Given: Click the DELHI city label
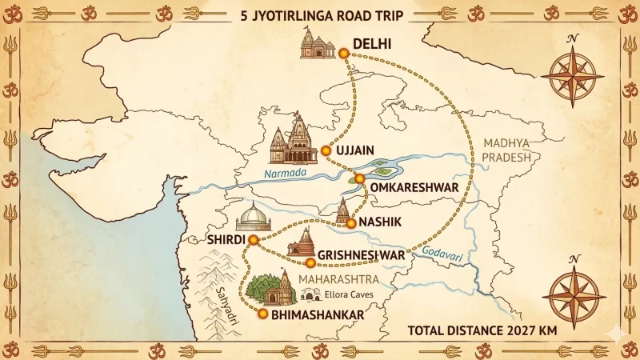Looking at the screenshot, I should [x=372, y=45].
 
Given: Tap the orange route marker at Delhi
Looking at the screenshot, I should [x=343, y=53].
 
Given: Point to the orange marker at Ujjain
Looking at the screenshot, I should [x=326, y=150].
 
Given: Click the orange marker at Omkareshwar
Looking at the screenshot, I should [x=360, y=178].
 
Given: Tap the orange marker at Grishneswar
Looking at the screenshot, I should [x=310, y=262].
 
